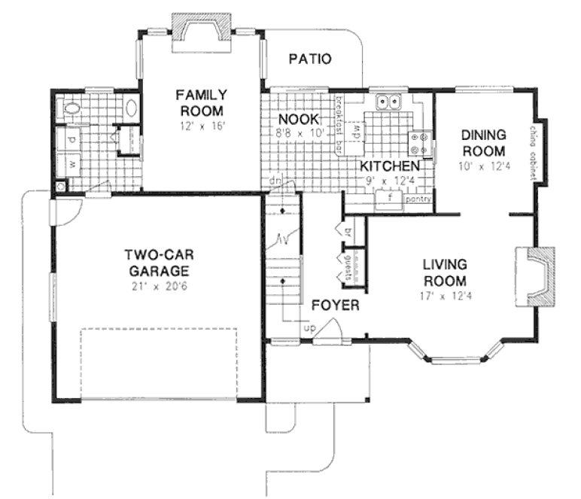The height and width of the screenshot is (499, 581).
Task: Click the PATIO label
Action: click(x=309, y=59)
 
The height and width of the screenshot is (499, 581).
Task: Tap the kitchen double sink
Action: click(x=389, y=101)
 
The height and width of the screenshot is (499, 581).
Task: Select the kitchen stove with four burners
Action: click(x=420, y=145)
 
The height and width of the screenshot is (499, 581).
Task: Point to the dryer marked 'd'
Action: click(x=72, y=140)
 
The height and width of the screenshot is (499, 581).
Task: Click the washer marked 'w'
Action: click(x=72, y=163)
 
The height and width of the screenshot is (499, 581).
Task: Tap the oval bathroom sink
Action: click(x=130, y=107)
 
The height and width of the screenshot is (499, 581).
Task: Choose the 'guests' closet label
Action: click(x=348, y=268)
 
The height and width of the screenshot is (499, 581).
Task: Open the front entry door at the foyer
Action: click(x=327, y=332)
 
